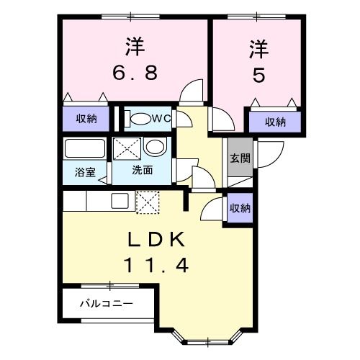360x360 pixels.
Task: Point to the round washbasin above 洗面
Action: (153, 147)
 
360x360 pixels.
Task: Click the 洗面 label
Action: (142, 171)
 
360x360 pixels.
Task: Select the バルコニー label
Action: (106, 304)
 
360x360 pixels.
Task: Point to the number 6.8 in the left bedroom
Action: (134, 73)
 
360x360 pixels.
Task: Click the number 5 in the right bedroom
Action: (258, 75)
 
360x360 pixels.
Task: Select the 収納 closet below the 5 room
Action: (274, 122)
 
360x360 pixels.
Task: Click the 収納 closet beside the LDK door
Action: (240, 208)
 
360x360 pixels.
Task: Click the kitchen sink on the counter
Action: (120, 199)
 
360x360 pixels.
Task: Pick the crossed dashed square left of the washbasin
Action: (127, 148)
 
